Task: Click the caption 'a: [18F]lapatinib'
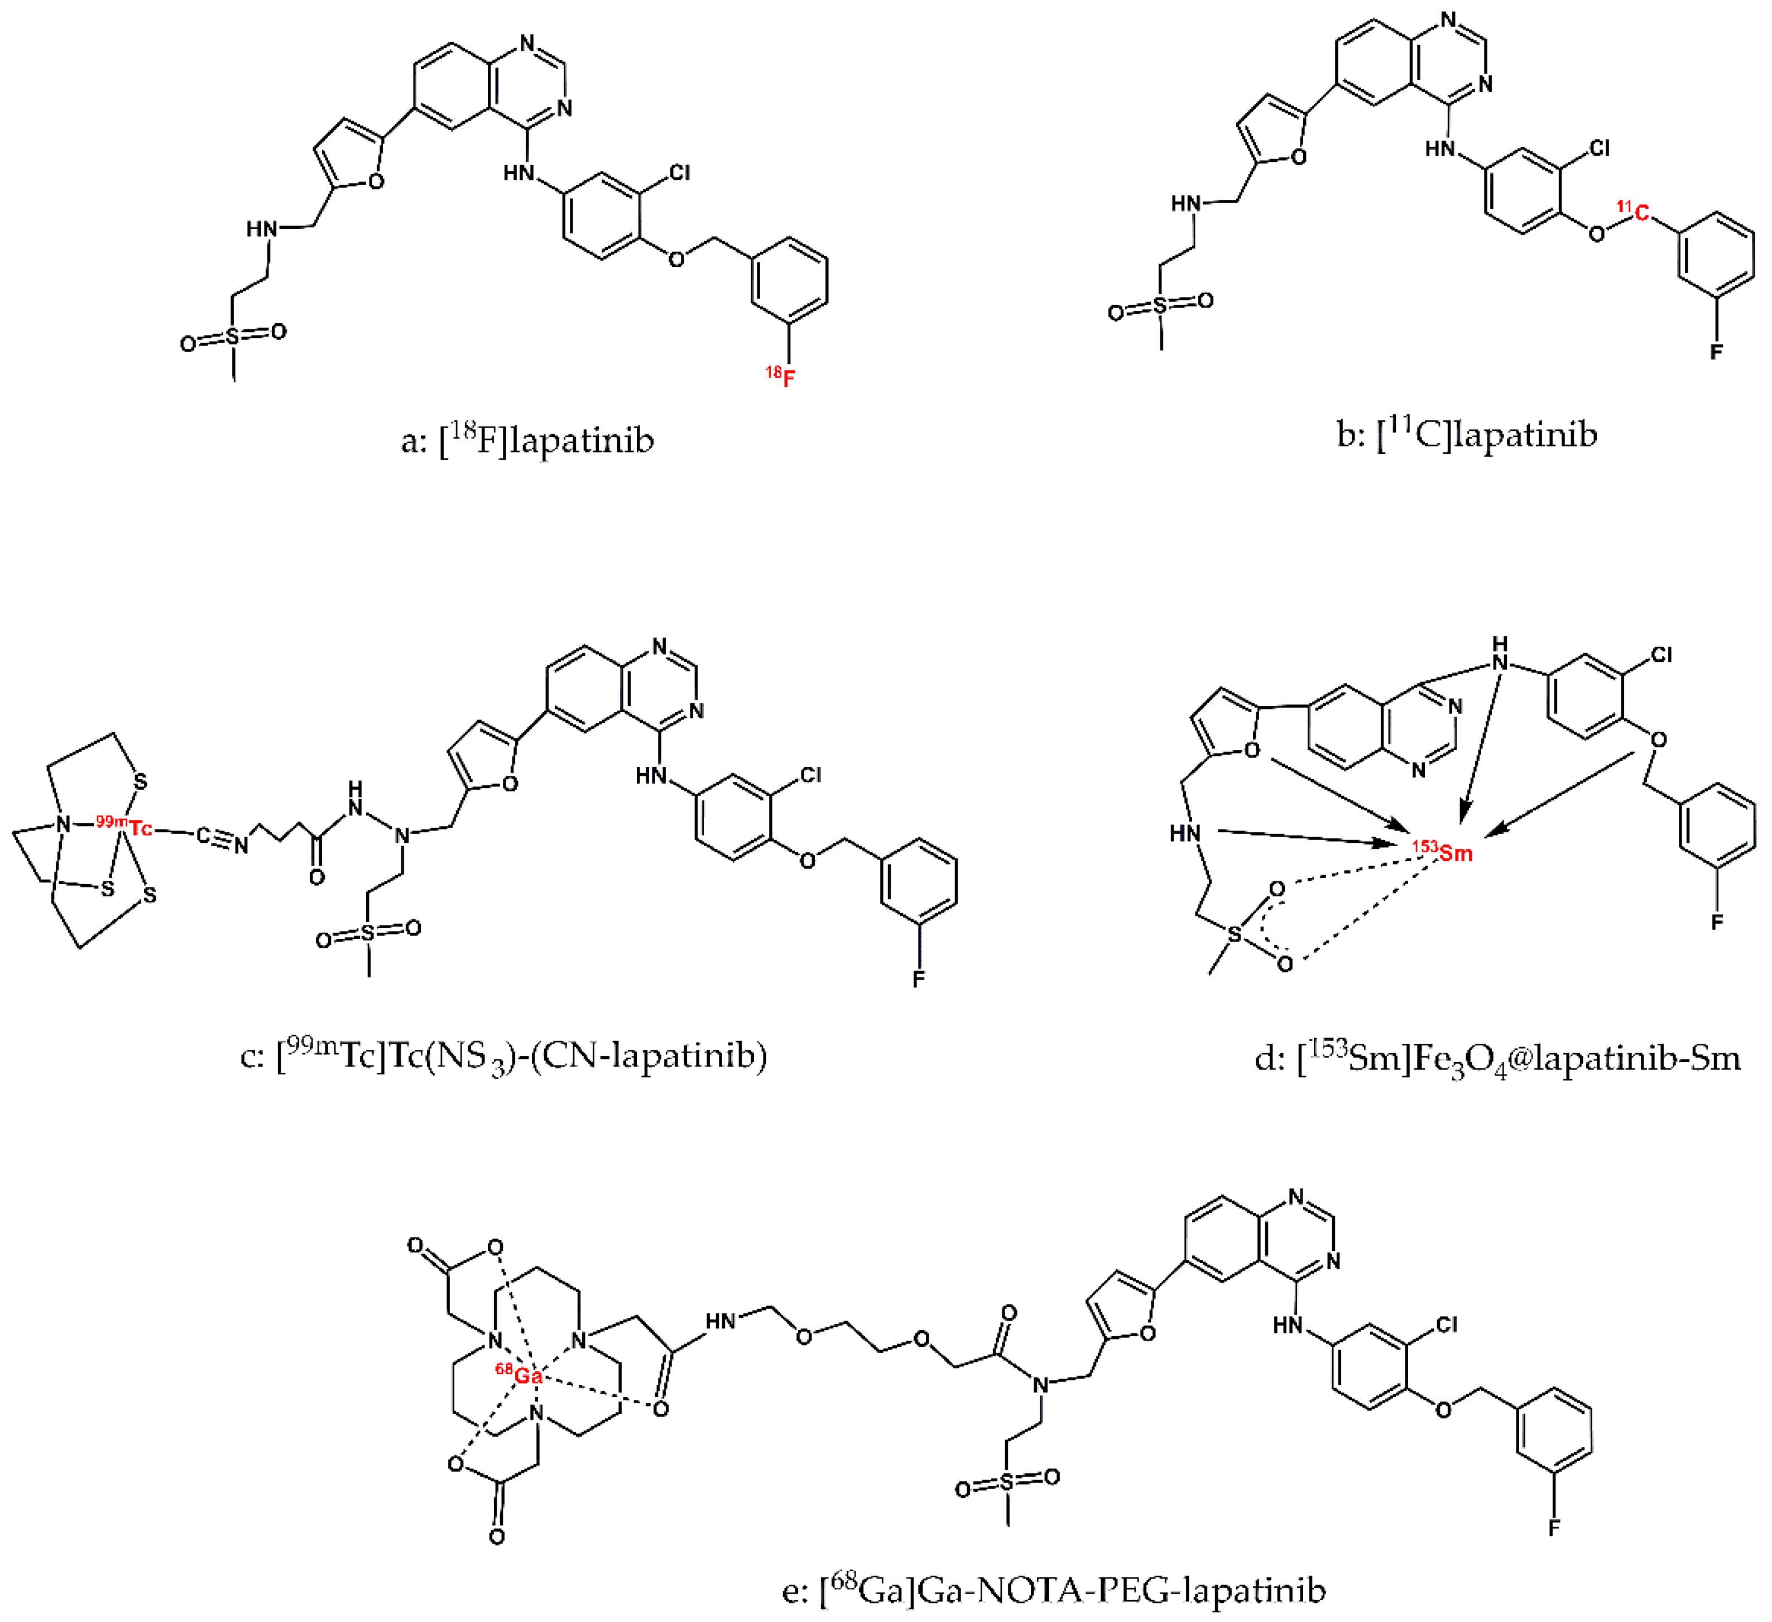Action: point(527,440)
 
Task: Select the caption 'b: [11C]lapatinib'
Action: point(1466,434)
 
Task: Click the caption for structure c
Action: point(503,1054)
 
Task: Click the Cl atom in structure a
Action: point(679,172)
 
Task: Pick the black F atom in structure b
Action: point(1716,352)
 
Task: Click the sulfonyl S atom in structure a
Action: point(233,337)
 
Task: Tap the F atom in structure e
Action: point(1554,1528)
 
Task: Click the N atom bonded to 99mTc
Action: point(63,824)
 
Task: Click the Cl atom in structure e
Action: point(1447,1325)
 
